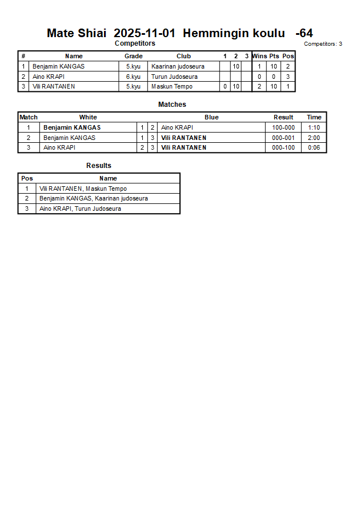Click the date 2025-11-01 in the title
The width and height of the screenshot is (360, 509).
145,33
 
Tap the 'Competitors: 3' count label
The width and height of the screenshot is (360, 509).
323,44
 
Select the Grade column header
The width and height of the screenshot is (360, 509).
133,56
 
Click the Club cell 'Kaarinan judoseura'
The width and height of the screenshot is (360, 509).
178,66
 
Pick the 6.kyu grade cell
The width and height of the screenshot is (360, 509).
133,77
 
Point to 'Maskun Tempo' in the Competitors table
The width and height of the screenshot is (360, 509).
171,87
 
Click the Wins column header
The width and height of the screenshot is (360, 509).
259,56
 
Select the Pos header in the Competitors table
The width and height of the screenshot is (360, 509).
288,56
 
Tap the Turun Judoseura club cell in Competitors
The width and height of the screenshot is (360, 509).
174,77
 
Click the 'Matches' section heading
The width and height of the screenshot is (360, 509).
172,105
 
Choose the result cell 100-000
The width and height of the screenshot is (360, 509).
283,127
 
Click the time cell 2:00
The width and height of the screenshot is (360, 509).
314,138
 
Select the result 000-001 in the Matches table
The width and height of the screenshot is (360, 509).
283,138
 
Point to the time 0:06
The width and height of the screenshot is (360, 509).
314,148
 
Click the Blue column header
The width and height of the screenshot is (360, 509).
211,117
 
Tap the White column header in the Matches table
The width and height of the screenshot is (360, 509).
88,117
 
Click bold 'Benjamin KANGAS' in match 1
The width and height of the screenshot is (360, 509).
72,127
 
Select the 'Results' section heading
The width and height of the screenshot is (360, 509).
99,166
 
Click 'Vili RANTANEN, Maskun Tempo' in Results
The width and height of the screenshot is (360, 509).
83,189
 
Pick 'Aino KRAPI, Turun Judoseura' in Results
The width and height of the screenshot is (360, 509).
80,209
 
